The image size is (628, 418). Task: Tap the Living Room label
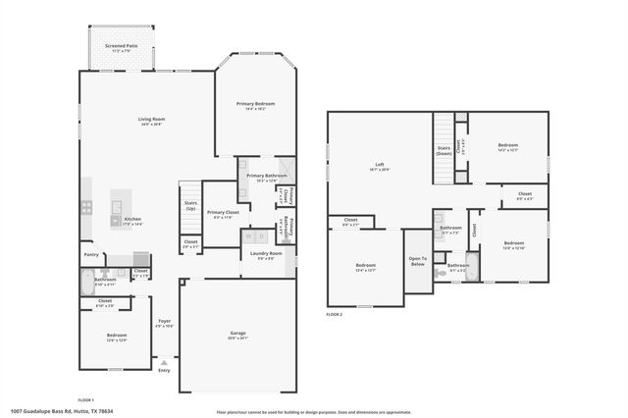point(151,120)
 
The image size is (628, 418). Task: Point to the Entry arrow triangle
point(164,362)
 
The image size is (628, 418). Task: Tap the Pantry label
point(90,253)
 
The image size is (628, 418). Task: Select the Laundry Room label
point(267,254)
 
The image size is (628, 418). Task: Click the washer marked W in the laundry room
point(249,236)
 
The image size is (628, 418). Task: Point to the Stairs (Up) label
point(190,206)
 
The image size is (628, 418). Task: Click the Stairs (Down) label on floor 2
point(444,150)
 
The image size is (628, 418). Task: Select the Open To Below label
point(417,262)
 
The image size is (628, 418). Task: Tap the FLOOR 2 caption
point(336,314)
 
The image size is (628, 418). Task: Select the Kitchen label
point(132,221)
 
